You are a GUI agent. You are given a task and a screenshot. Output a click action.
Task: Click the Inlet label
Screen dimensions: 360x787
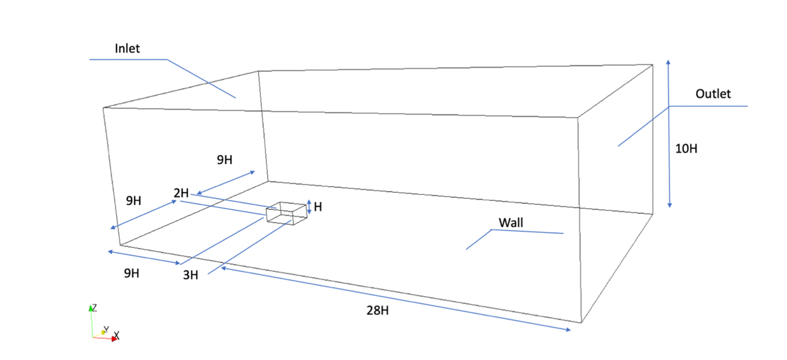[127, 48]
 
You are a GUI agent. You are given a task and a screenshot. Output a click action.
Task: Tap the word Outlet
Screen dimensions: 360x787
[713, 94]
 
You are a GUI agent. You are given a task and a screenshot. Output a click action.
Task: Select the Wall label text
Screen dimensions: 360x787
[511, 223]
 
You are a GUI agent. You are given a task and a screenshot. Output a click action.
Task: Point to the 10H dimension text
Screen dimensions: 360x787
[686, 149]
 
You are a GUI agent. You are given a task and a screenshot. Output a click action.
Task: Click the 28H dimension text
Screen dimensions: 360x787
[378, 310]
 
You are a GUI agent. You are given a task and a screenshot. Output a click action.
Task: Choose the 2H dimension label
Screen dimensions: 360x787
[181, 193]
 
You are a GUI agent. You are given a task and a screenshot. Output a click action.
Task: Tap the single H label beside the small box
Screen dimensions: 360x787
[318, 208]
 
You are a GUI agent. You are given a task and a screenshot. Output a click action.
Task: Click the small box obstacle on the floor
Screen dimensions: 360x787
[286, 213]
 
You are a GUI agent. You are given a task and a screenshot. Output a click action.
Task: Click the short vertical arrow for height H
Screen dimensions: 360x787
[309, 207]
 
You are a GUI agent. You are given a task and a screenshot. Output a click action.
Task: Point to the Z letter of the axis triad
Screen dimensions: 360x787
[95, 307]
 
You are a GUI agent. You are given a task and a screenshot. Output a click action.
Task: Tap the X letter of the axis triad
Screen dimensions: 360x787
[117, 335]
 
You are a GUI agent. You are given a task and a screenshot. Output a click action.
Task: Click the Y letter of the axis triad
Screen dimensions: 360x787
[106, 329]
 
